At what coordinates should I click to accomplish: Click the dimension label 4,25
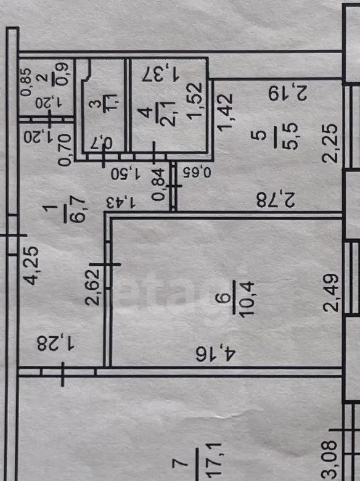[x=31, y=266]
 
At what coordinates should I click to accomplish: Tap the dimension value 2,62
[x=92, y=287]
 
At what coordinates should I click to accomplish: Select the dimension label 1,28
[x=56, y=343]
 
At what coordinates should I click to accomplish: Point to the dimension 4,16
[x=216, y=354]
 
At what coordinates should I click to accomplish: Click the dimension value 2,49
[x=332, y=293]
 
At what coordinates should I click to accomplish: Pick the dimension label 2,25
[x=330, y=143]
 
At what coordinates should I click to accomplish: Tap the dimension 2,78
[x=276, y=200]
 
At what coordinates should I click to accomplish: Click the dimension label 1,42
[x=226, y=113]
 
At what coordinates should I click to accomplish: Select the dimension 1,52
[x=195, y=101]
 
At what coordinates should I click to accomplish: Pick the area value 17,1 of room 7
[x=214, y=462]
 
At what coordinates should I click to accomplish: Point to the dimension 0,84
[x=158, y=189]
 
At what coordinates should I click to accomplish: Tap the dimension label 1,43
[x=120, y=203]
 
